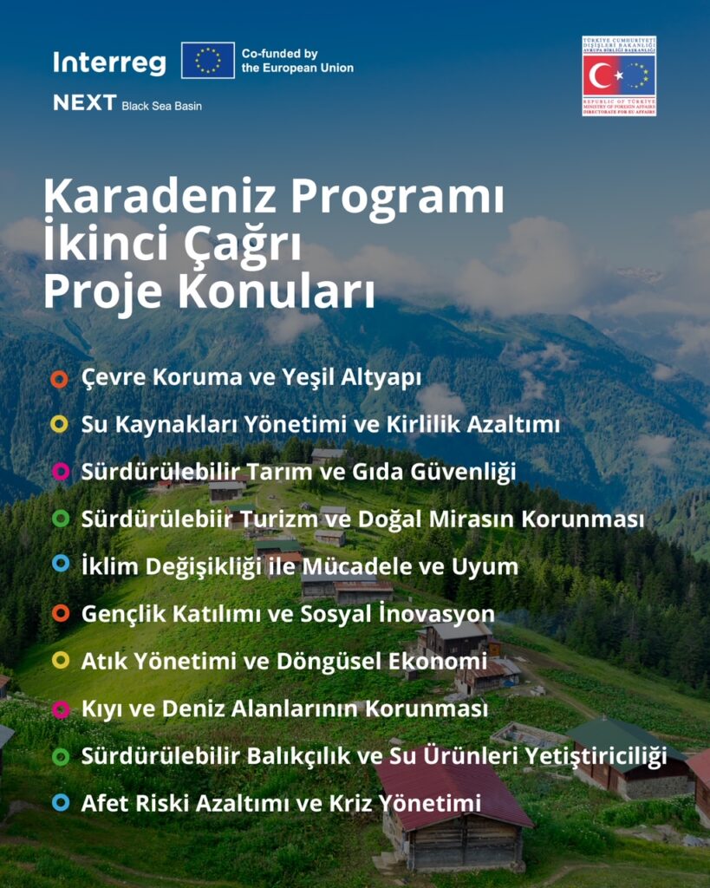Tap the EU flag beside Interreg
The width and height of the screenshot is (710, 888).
point(208,60)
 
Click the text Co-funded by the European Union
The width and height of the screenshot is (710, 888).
point(297,61)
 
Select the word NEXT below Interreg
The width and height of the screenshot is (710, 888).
point(84,102)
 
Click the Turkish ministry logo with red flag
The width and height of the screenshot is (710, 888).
point(619,75)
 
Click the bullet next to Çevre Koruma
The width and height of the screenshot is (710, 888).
point(60,379)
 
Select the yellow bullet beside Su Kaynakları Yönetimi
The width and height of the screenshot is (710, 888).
point(60,425)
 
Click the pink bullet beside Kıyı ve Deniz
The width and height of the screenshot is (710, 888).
point(60,708)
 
